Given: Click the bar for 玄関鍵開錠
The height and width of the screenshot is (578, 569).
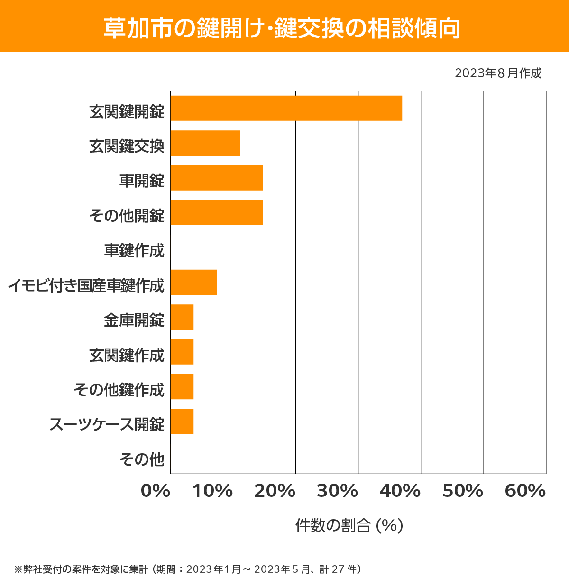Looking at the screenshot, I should coord(286,108).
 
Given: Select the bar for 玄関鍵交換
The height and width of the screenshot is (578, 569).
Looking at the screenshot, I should coord(205,143).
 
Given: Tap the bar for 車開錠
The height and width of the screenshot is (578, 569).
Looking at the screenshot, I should coord(217,178).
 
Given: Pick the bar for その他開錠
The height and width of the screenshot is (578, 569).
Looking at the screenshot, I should coord(217,212).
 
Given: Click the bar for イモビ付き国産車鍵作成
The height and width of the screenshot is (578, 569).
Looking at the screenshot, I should coord(193,282).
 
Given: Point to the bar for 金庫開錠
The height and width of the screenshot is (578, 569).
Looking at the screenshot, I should coord(182,317).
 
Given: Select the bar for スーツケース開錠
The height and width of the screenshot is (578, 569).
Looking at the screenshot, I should coord(182,421).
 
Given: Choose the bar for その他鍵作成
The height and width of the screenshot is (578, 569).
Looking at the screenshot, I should coord(182,386).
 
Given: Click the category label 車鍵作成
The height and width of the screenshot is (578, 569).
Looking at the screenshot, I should coord(134,250).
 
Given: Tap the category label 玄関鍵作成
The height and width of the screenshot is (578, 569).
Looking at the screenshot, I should coord(127,355).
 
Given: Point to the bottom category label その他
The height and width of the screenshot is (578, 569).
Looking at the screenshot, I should coord(142,459).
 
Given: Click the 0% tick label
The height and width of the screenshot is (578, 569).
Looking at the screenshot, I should coord(156,491).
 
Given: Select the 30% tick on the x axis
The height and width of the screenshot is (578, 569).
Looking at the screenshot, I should coord(337,491).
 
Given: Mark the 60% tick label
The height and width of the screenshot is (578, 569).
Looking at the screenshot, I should coord(525,491).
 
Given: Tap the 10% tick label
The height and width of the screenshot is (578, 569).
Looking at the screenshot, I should coord(212,491).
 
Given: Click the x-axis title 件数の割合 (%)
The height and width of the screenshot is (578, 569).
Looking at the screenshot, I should coord(349,525).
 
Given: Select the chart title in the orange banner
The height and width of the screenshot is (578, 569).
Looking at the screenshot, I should coord(282,28).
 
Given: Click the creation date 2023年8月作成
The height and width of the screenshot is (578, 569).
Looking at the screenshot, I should coord(498,73).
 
